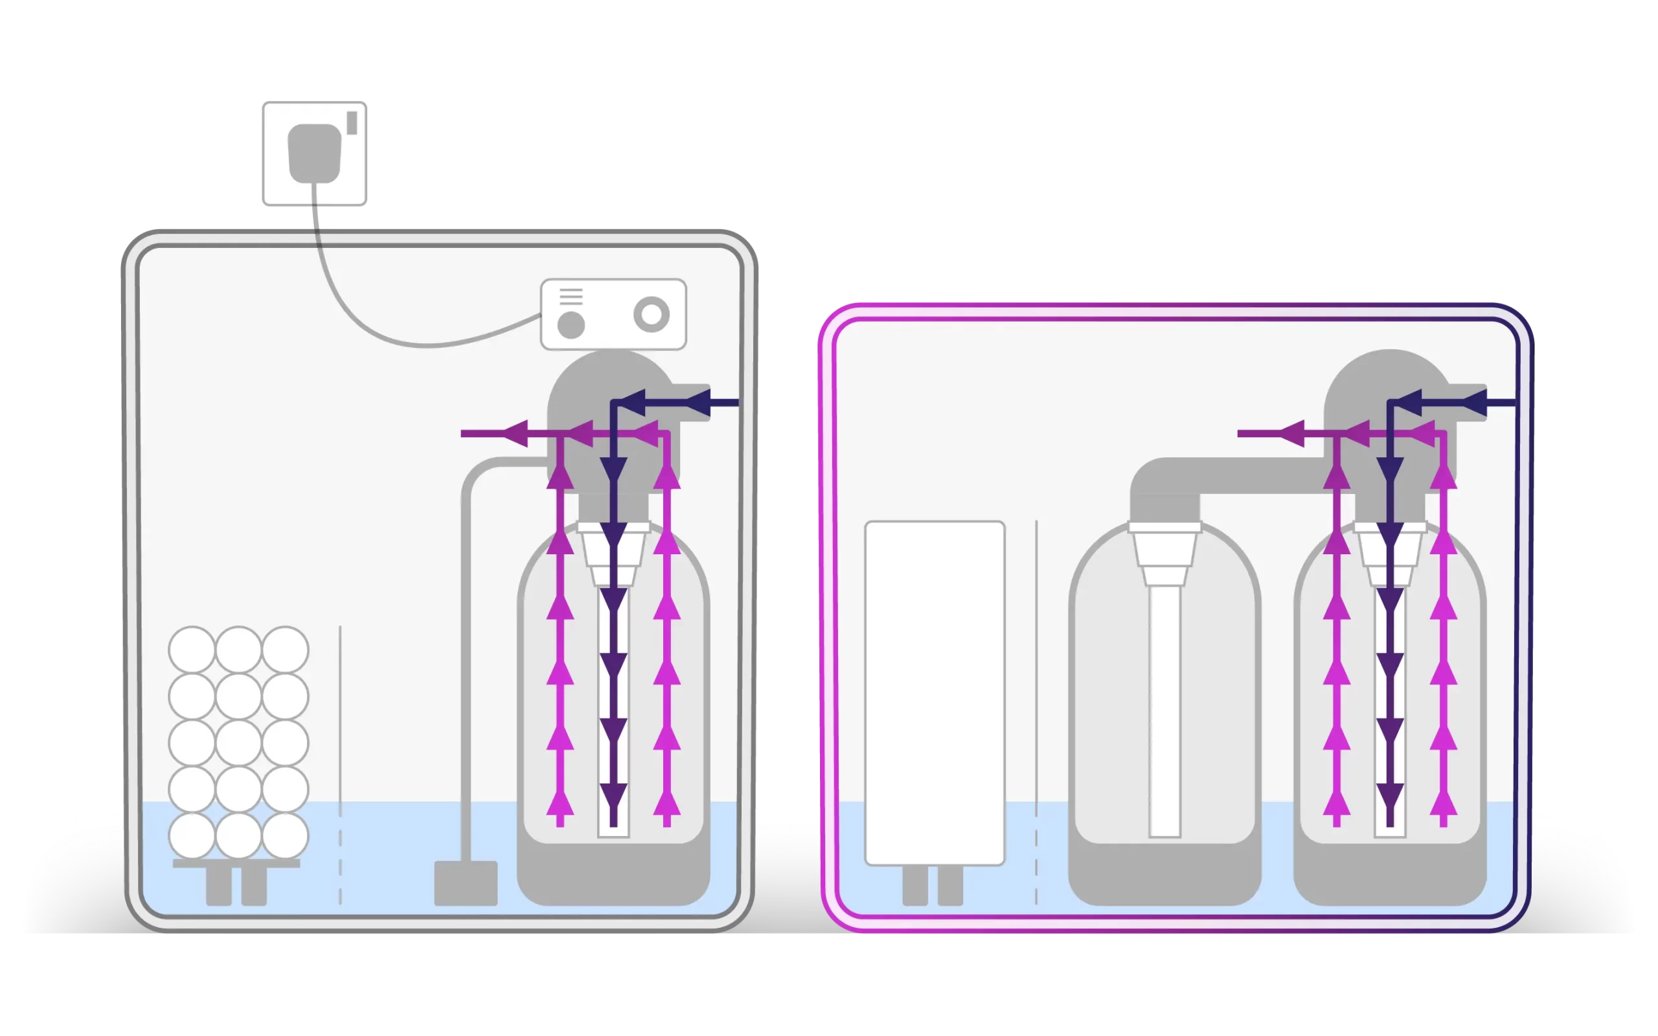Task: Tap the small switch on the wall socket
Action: [x=352, y=122]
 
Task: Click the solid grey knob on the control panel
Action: [x=571, y=325]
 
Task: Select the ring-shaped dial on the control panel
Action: [x=651, y=315]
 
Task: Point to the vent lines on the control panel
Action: [x=571, y=297]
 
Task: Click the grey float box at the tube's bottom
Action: [x=466, y=883]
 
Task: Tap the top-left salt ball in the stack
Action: [x=192, y=649]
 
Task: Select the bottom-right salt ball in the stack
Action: [x=285, y=836]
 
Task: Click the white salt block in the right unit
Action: [x=935, y=692]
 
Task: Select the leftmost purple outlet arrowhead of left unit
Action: [x=516, y=433]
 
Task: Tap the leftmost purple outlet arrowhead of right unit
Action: [x=1291, y=433]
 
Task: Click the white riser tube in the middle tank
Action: [x=1164, y=706]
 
